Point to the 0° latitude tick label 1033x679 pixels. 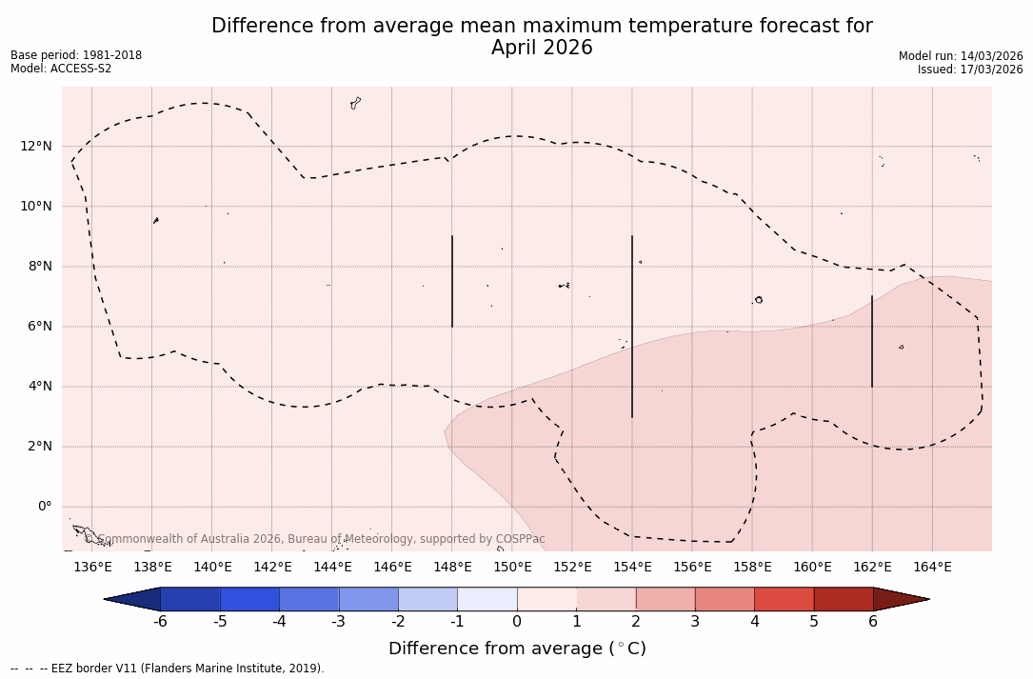[x=44, y=507]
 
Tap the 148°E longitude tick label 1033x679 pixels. [x=452, y=568]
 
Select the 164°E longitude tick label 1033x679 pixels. [x=932, y=568]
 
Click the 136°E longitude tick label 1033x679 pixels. [x=92, y=568]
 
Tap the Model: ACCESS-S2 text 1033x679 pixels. [x=61, y=69]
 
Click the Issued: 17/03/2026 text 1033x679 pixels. [x=970, y=70]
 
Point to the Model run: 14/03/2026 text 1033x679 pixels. [x=961, y=56]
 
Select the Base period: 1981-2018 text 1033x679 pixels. [x=76, y=55]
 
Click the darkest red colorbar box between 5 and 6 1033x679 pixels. [x=843, y=599]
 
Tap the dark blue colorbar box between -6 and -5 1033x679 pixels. [x=190, y=599]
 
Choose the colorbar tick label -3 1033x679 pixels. [x=338, y=622]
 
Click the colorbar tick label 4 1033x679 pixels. [x=754, y=622]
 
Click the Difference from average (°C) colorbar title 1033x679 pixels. [x=517, y=649]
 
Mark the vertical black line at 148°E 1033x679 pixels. [x=452, y=281]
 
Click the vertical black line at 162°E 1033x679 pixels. [x=872, y=341]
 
